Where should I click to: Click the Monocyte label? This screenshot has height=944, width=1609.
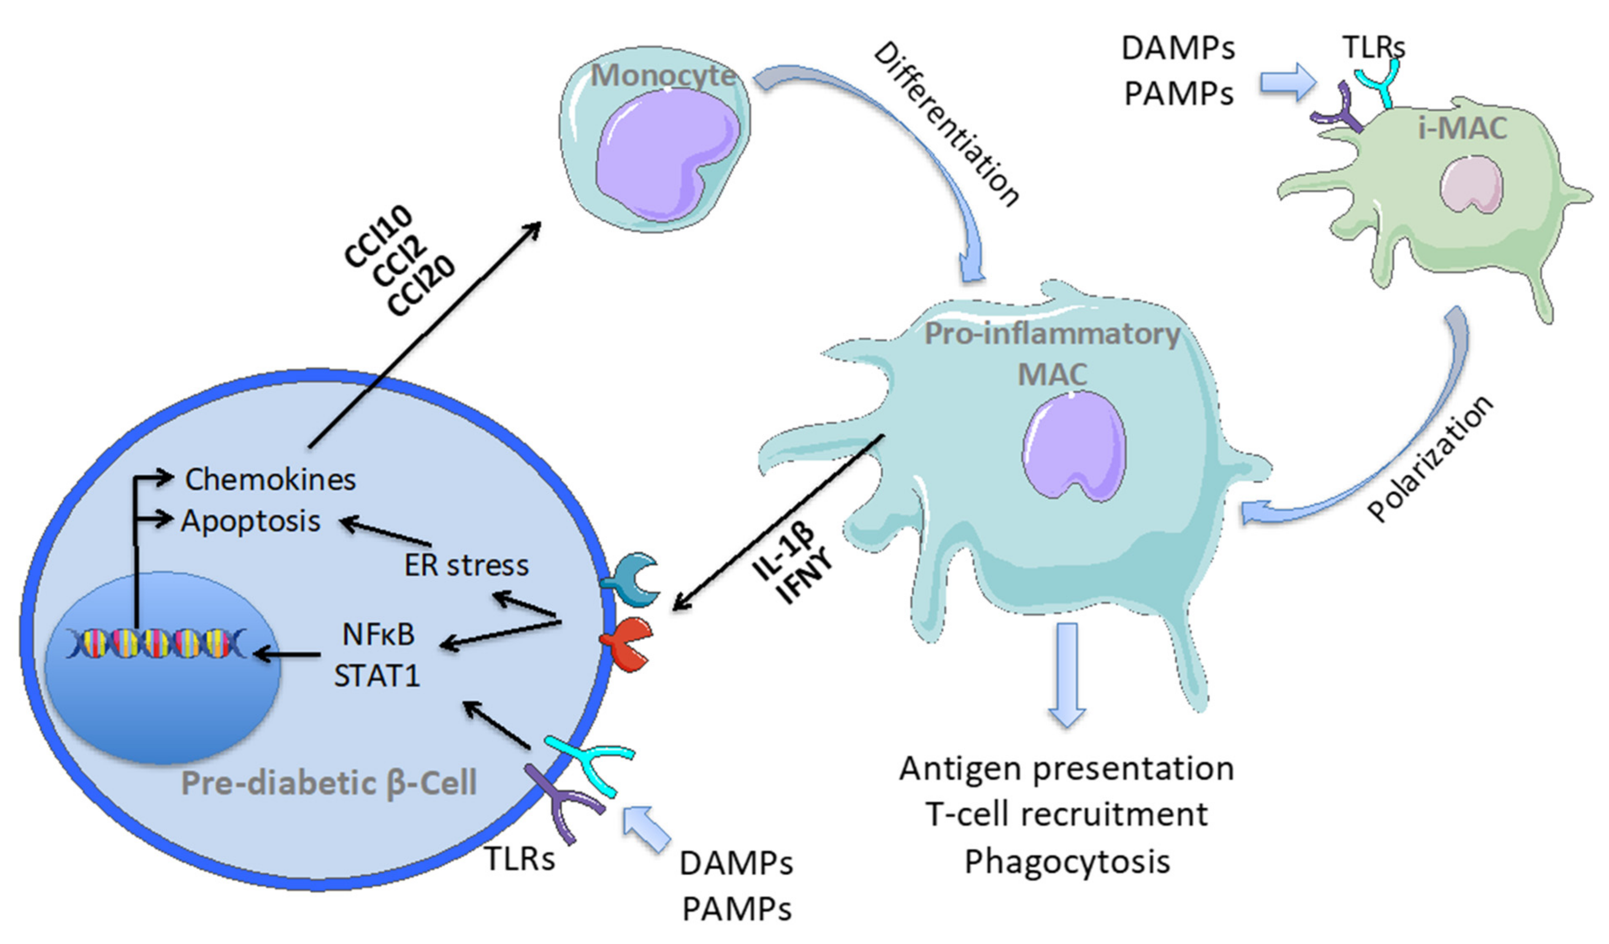tap(664, 76)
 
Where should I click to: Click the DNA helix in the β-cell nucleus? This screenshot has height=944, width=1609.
tap(157, 643)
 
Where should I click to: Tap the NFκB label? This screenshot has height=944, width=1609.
tap(379, 634)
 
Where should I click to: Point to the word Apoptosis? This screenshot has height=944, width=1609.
tap(251, 521)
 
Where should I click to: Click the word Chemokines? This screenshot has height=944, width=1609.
tap(271, 479)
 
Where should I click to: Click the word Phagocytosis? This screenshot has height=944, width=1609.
tap(1067, 862)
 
